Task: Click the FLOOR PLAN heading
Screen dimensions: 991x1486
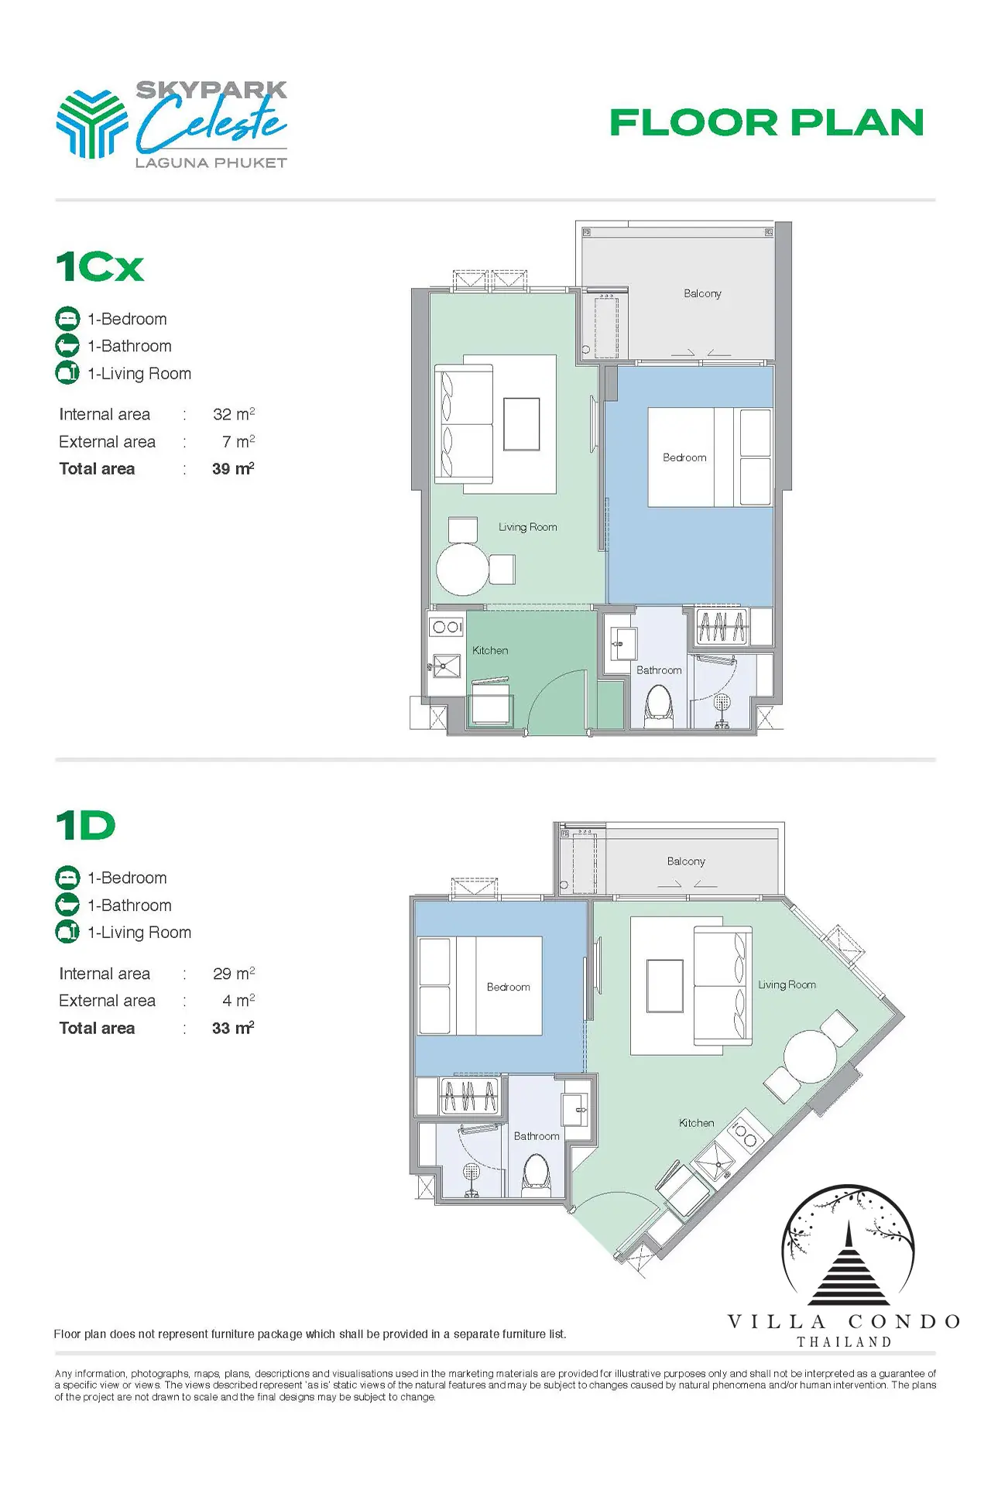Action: tap(766, 122)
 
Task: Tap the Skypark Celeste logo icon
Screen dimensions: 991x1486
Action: tap(91, 124)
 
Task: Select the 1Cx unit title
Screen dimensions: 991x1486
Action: tap(100, 267)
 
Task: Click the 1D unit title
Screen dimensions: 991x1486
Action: tap(86, 826)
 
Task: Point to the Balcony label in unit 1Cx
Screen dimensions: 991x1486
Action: tap(702, 293)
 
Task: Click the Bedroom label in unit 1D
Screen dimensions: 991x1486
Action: tap(509, 987)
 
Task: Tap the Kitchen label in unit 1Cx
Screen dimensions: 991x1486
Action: tap(490, 650)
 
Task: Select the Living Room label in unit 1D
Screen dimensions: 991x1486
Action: tap(787, 984)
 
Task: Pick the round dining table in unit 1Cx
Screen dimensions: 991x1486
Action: tap(463, 569)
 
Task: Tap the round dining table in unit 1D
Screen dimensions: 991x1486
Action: tap(810, 1056)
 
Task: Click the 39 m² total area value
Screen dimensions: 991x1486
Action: tap(233, 468)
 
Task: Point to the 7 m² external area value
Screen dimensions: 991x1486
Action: tap(238, 441)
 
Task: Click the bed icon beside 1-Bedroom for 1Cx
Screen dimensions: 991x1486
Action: tap(67, 318)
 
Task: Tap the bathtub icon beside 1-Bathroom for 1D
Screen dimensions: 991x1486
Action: tap(67, 905)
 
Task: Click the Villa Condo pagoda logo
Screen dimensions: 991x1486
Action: tap(849, 1245)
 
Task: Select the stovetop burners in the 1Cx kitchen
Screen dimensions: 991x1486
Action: tap(447, 627)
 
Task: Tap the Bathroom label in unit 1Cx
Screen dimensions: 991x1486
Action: tap(659, 670)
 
